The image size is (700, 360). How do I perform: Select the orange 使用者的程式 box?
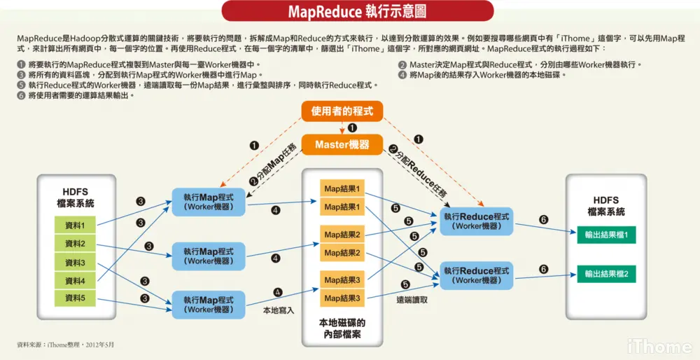coord(342,111)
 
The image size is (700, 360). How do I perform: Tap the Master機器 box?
coord(342,144)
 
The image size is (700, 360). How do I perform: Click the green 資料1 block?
coord(74,226)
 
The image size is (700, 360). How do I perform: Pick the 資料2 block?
coord(74,244)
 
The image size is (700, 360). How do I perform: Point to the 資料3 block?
coord(74,263)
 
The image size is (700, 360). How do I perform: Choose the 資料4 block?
coord(74,281)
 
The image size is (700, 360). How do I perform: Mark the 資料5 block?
coord(74,298)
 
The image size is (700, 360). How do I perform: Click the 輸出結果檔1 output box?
coord(606,234)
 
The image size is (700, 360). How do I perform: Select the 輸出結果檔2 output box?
coord(606,274)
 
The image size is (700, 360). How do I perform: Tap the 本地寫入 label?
coord(279,310)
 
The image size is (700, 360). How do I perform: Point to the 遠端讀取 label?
coord(412,300)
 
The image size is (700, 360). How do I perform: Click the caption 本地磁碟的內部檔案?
coord(342,329)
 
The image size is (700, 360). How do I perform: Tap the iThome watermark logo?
coord(659,345)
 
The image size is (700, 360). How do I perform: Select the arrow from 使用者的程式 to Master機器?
coord(342,127)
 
